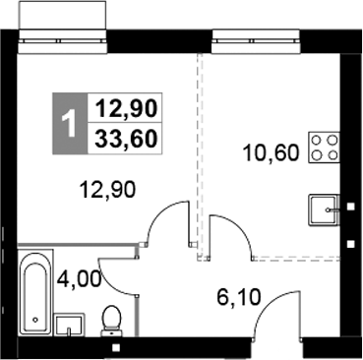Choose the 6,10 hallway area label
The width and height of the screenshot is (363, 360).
(x=237, y=292)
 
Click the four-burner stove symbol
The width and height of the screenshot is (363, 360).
(x=325, y=148)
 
